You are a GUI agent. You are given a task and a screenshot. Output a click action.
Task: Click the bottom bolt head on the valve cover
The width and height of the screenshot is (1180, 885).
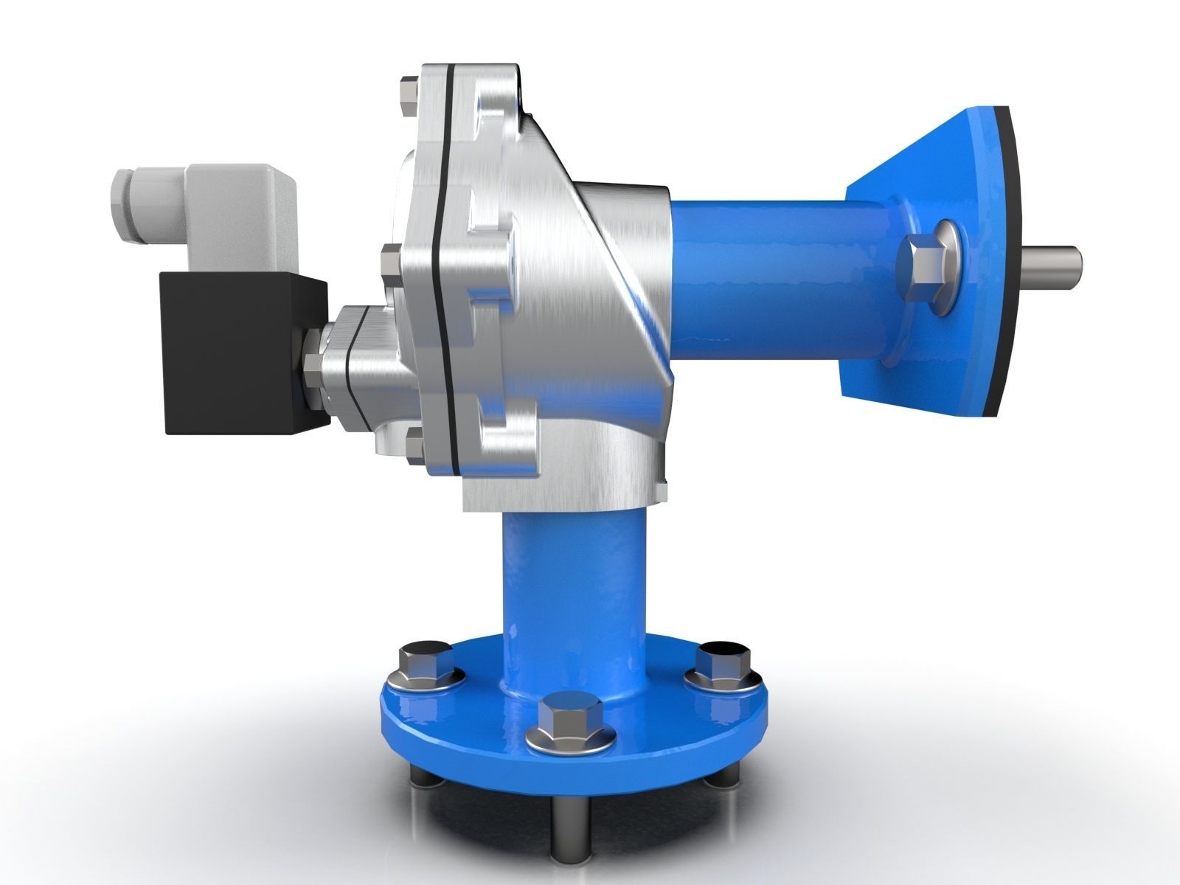[x=415, y=446]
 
